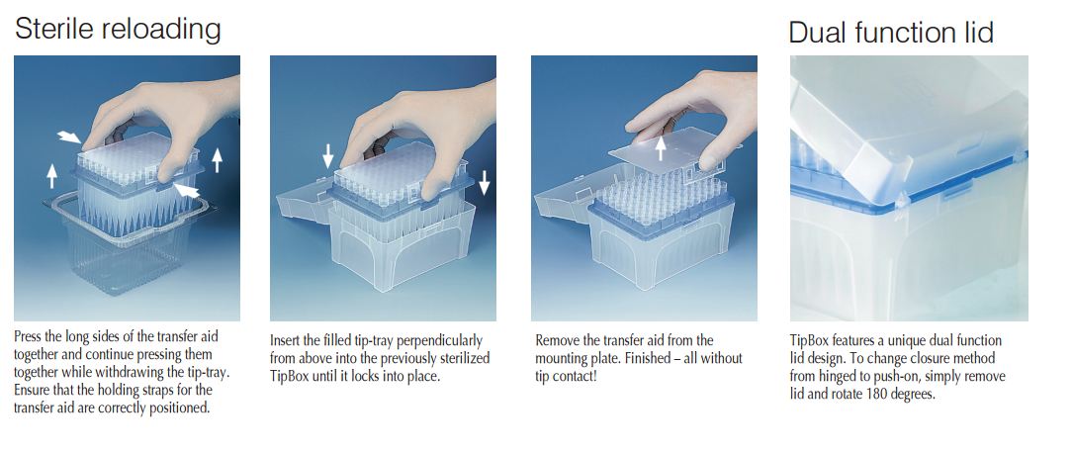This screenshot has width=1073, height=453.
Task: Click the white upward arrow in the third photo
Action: [x=661, y=147]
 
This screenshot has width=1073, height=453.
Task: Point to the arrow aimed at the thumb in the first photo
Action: [x=186, y=190]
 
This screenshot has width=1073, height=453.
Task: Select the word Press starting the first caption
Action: [x=29, y=336]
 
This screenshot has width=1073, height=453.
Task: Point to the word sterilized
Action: [x=459, y=359]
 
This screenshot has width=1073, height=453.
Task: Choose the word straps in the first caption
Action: [x=182, y=390]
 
